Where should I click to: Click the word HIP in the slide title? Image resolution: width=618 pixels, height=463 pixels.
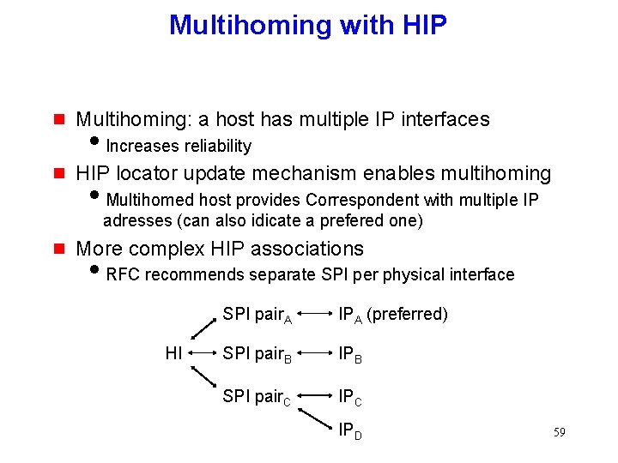(424, 25)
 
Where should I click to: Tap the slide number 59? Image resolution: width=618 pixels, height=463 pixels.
(559, 432)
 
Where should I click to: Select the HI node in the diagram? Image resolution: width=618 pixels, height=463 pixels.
(173, 353)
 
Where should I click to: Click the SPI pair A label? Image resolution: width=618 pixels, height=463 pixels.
(257, 315)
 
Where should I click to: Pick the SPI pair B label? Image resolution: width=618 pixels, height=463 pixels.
(257, 354)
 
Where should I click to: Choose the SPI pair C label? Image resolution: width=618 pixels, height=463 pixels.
(257, 395)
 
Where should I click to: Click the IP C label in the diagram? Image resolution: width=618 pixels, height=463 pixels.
(350, 396)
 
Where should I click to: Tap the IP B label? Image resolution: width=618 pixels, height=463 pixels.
(350, 354)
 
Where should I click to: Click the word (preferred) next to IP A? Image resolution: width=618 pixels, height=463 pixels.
(407, 314)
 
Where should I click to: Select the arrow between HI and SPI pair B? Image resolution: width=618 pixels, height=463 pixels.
(202, 353)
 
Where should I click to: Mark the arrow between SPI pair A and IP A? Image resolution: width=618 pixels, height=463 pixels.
(316, 315)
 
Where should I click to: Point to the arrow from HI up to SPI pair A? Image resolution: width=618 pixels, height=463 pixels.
(203, 327)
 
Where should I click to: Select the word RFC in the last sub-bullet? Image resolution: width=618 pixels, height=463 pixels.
(123, 274)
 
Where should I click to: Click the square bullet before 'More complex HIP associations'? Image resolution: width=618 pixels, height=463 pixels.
(58, 250)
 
